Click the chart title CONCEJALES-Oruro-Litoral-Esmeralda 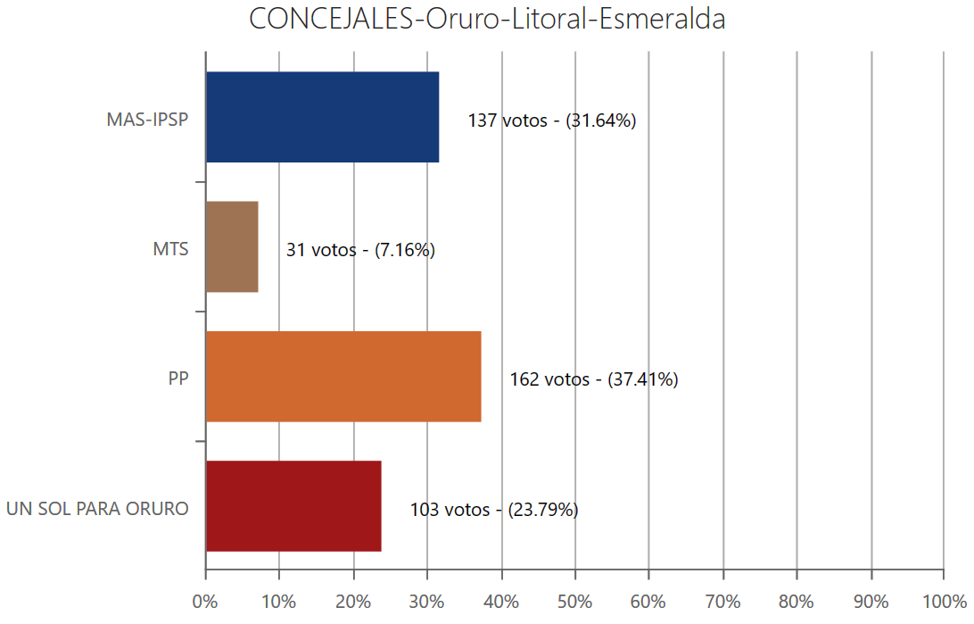tap(487, 20)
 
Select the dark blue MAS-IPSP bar tap(322, 117)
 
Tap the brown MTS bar tap(232, 246)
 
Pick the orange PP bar tap(343, 376)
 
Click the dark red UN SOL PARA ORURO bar tap(293, 505)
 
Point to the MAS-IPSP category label tap(147, 120)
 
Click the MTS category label tap(170, 249)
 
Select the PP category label tap(178, 379)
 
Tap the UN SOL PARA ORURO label tap(97, 509)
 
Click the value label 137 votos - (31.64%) tap(551, 121)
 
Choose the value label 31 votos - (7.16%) tap(360, 250)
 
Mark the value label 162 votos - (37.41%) tap(594, 379)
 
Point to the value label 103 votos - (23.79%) tap(494, 510)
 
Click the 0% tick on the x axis tap(205, 602)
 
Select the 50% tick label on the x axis tap(575, 602)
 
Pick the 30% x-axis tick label tap(427, 602)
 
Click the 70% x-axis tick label tap(722, 602)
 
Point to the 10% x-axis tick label tap(279, 602)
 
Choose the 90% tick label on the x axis tap(871, 602)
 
